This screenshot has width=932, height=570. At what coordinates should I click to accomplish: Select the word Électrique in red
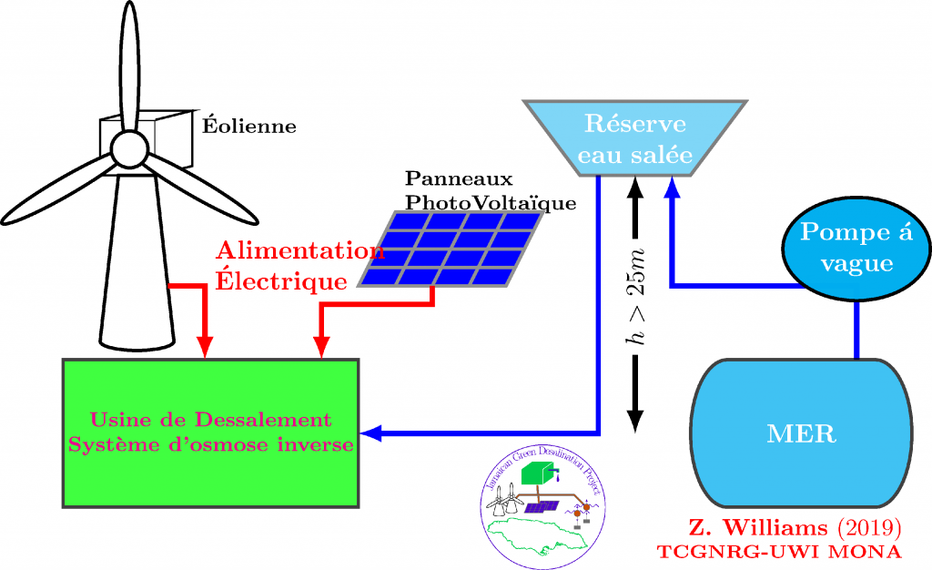281,281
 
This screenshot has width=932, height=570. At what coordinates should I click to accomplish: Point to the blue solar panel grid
452,249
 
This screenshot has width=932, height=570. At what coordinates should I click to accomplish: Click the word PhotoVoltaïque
491,203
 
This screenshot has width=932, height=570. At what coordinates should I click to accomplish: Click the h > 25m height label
636,296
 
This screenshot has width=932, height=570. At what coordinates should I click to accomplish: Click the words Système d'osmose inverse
210,445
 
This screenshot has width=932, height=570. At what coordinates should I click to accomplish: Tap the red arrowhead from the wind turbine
206,349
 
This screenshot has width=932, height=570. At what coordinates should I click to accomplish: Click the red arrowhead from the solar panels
320,349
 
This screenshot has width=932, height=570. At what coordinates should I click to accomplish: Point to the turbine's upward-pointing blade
128,64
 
